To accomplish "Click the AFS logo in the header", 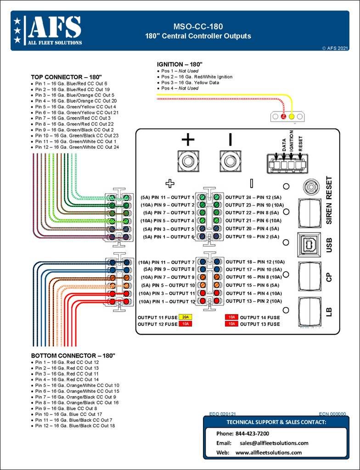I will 48,30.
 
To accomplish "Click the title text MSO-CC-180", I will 198,27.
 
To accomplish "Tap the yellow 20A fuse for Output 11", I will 186,317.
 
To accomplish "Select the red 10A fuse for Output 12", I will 186,324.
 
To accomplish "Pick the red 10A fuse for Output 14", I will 231,317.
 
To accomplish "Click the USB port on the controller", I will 309,244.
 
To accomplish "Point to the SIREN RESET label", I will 329,200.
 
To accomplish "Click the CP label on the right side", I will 329,277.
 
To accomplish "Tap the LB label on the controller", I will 329,312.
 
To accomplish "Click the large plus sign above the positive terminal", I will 188,140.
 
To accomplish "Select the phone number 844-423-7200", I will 252,434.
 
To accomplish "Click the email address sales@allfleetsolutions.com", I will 274,443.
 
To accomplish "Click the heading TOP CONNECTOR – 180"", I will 66,77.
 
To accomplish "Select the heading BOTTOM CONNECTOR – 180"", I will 73,356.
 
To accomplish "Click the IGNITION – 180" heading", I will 180,64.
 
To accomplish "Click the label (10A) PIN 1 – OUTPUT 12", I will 167,302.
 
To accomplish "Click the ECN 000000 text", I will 332,414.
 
